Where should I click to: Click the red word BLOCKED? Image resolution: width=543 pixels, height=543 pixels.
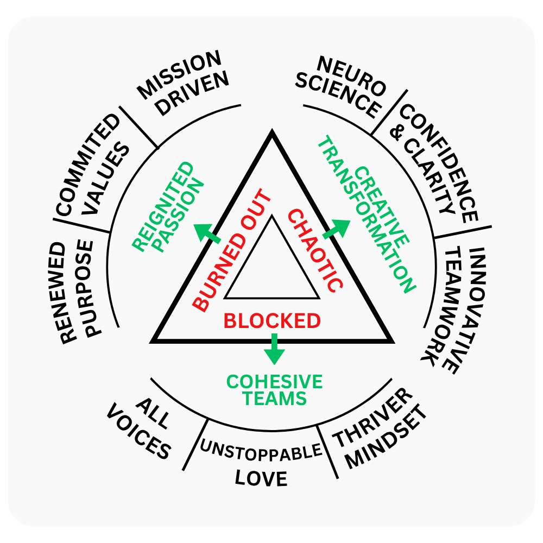(272, 321)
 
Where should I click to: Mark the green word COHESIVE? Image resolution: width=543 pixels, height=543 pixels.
(274, 382)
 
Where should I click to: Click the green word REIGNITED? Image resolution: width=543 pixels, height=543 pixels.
(163, 206)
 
